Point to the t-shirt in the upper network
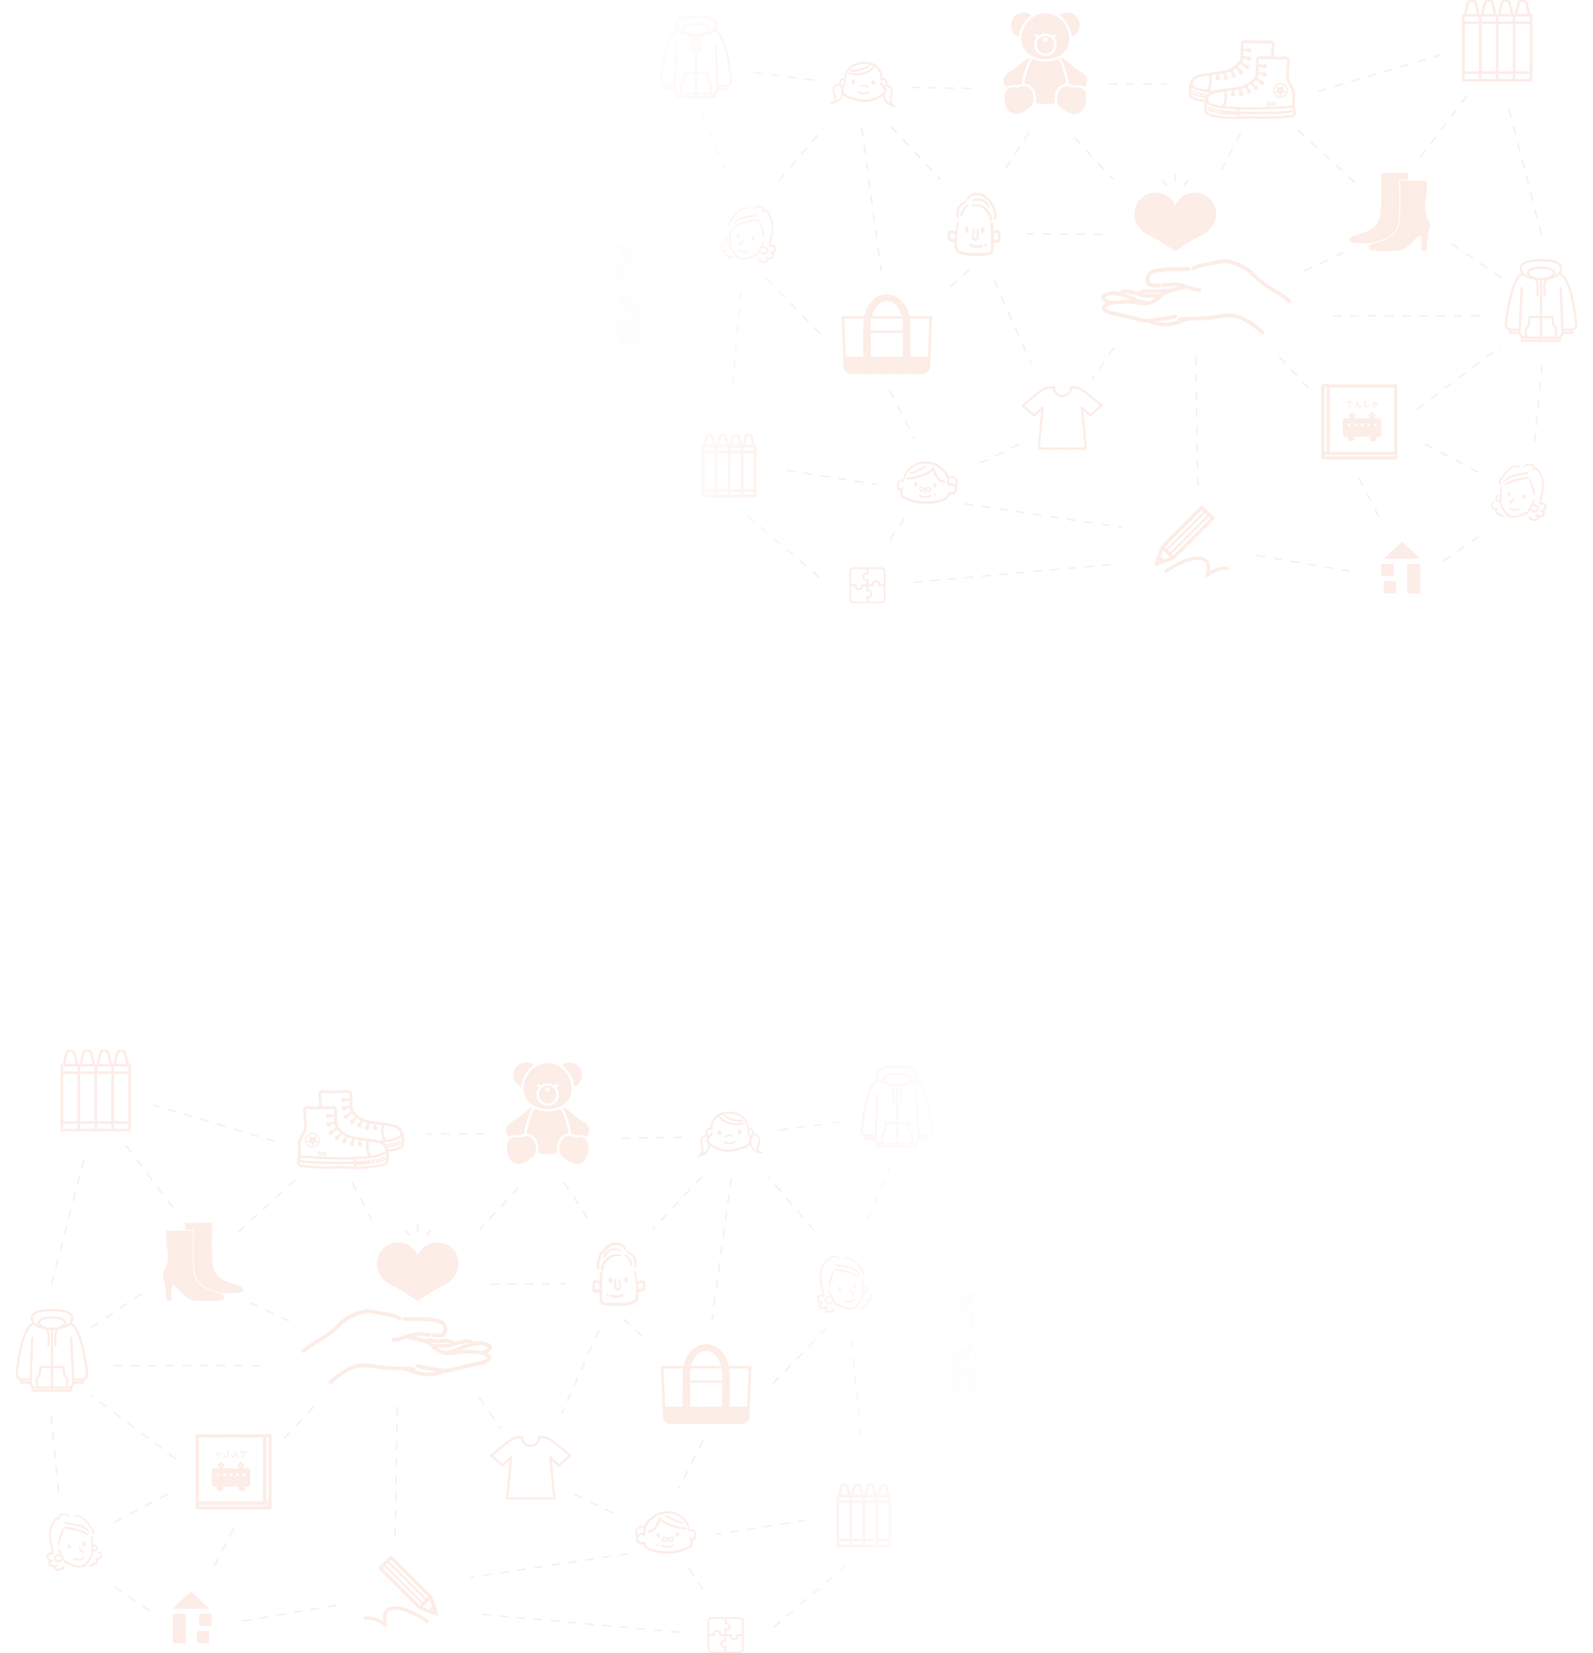1062,417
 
